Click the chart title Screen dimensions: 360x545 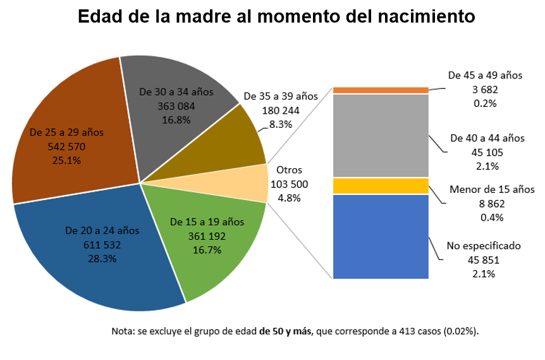pyautogui.click(x=276, y=17)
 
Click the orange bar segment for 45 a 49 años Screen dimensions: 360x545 pyautogui.click(x=381, y=90)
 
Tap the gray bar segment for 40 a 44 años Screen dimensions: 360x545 pyautogui.click(x=381, y=135)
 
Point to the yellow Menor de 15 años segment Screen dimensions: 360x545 pyautogui.click(x=381, y=186)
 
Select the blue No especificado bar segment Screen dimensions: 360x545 pyautogui.click(x=381, y=237)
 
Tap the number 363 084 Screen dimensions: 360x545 pyautogui.click(x=176, y=106)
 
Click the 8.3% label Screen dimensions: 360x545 pyautogui.click(x=281, y=125)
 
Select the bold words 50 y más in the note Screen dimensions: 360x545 pyautogui.click(x=286, y=332)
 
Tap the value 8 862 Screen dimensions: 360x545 pyautogui.click(x=491, y=204)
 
